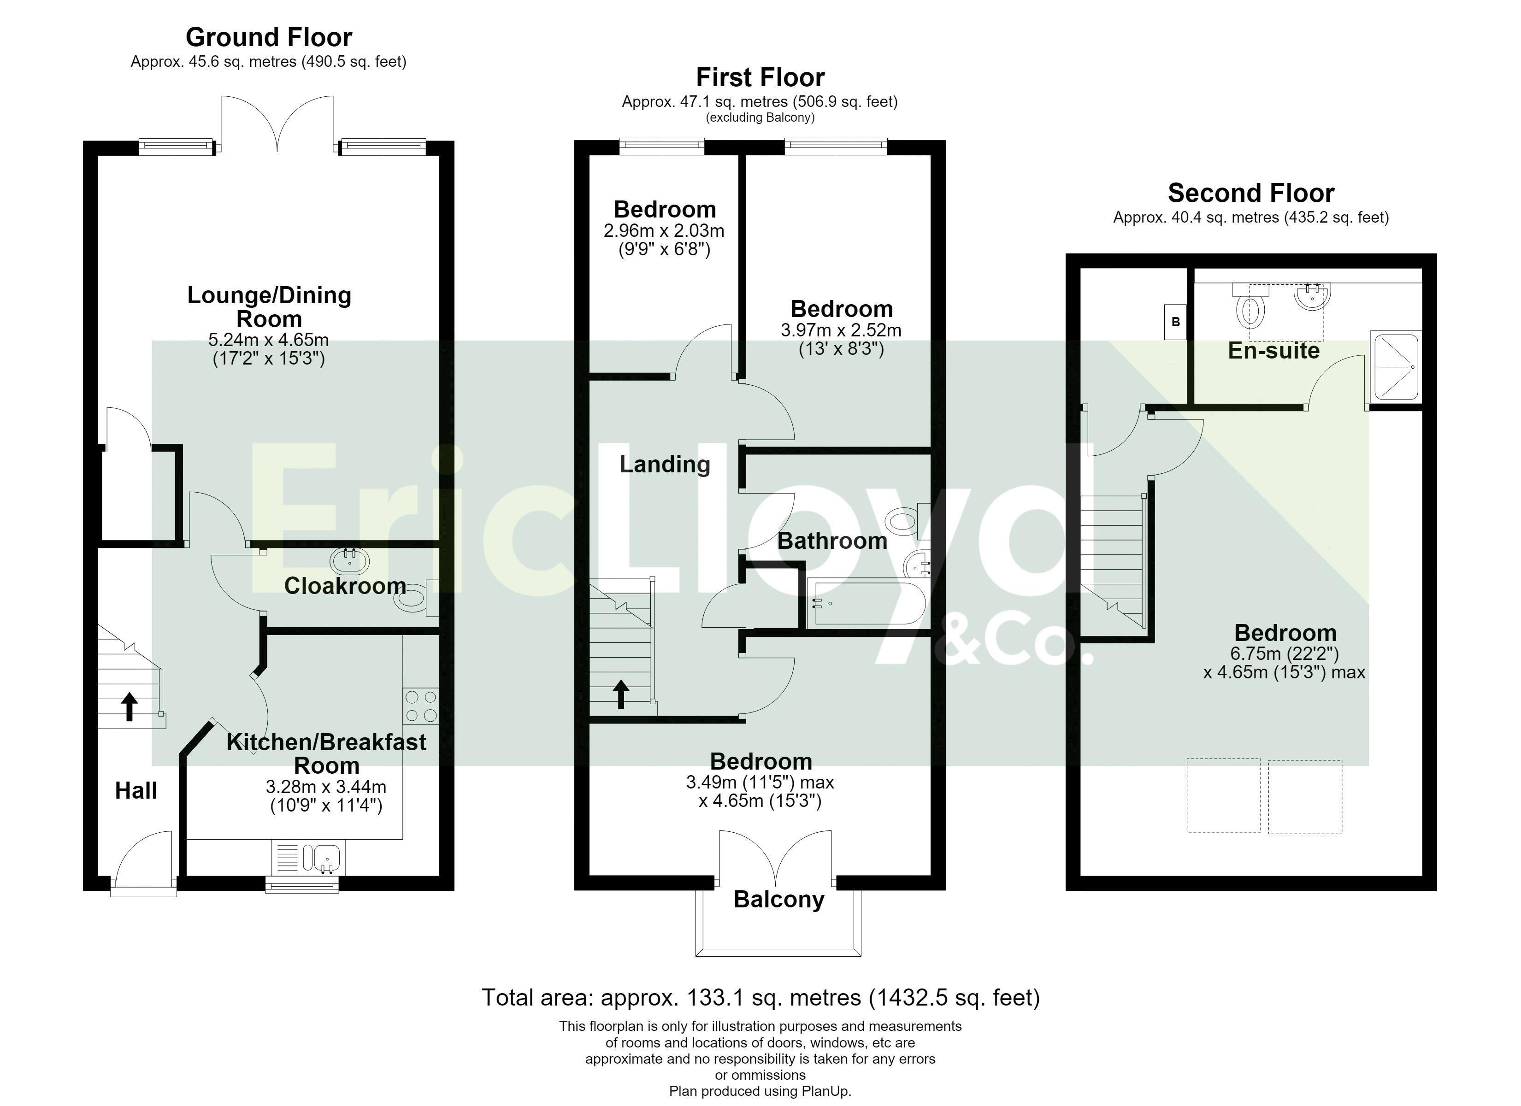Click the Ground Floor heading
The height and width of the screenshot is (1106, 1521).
[x=269, y=37]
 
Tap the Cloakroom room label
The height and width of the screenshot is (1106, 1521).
[x=345, y=586]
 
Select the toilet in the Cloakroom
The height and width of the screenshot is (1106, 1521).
[x=415, y=597]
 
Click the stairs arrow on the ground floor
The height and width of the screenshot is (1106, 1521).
[x=130, y=707]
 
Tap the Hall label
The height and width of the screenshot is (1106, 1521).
[x=136, y=791]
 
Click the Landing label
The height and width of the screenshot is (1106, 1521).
[x=665, y=464]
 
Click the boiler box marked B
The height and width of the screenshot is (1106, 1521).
[x=1175, y=322]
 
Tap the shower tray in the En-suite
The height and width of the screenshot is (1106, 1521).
[x=1395, y=367]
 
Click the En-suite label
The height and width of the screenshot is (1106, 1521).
[x=1273, y=351]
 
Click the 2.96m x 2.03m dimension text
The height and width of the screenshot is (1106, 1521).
[x=664, y=231]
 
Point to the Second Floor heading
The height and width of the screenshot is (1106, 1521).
[x=1251, y=193]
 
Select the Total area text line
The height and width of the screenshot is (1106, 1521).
[x=760, y=997]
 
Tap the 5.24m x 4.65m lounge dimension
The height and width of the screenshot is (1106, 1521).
[x=268, y=340]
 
